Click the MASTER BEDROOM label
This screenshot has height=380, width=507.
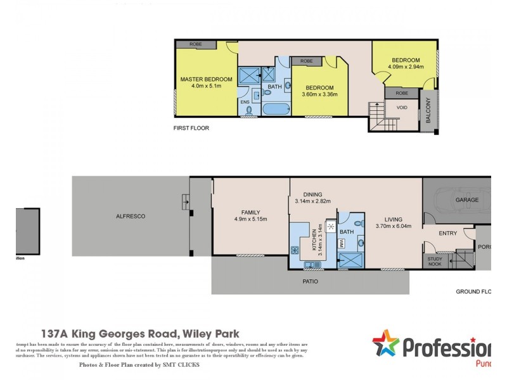(206, 79)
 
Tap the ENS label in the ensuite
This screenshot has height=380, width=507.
(245, 102)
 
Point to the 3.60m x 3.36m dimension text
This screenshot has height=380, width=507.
(319, 94)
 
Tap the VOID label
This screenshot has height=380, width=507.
(402, 107)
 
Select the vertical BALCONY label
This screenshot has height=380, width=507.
(428, 111)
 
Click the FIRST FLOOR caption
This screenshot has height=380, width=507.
(191, 128)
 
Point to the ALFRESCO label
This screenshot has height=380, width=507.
(131, 216)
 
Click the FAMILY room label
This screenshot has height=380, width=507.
(250, 212)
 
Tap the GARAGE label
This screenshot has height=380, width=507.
(466, 199)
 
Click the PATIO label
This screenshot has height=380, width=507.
(310, 281)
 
